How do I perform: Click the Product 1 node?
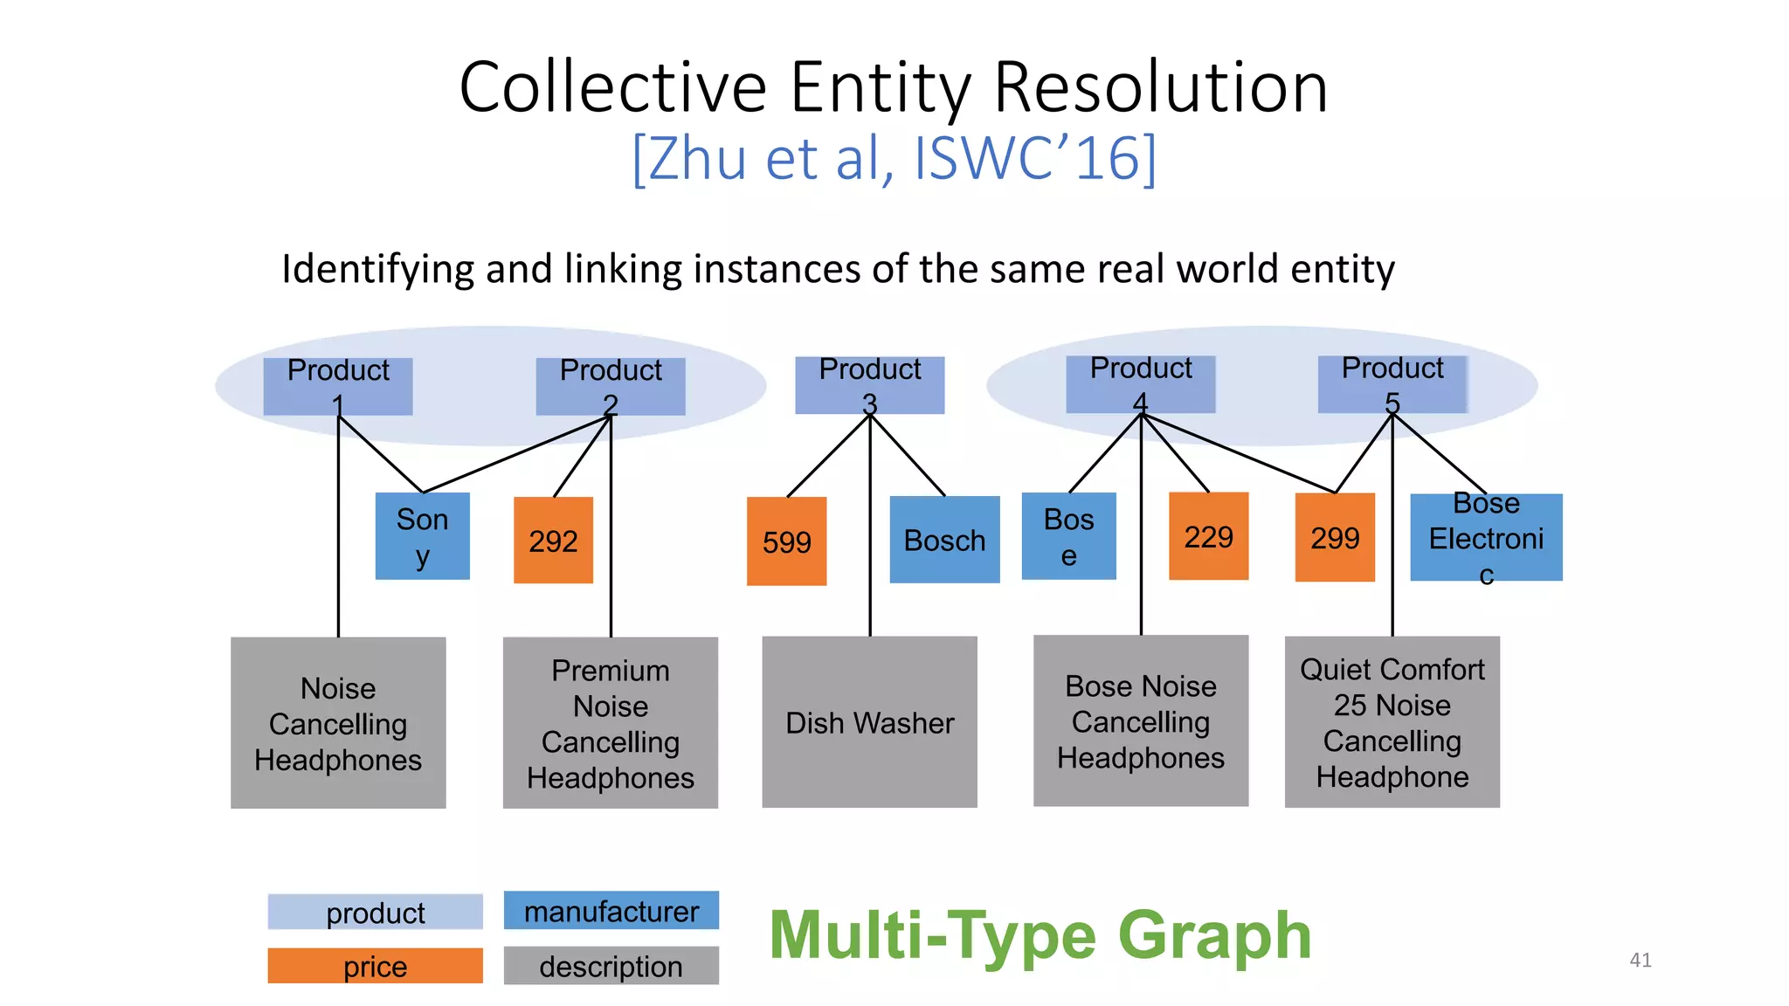click(x=338, y=386)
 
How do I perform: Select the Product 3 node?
click(x=869, y=385)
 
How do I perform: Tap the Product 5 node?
click(x=1392, y=384)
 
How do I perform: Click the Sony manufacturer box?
click(x=422, y=536)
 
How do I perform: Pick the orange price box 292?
click(x=553, y=541)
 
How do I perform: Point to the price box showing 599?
click(x=786, y=541)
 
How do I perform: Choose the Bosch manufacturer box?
click(x=944, y=540)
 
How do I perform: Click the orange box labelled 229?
click(x=1208, y=536)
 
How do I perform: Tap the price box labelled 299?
click(x=1335, y=537)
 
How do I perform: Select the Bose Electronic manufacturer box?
click(x=1486, y=537)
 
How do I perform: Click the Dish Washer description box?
click(x=869, y=722)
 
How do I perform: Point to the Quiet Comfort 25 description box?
click(x=1392, y=722)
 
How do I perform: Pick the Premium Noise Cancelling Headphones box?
click(x=610, y=723)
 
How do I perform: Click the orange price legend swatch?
click(x=375, y=966)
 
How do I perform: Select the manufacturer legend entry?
click(x=611, y=911)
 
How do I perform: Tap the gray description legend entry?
click(x=611, y=966)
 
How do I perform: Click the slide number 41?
click(x=1640, y=960)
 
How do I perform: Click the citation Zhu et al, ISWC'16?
click(x=894, y=158)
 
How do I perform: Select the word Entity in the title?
click(x=881, y=87)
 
